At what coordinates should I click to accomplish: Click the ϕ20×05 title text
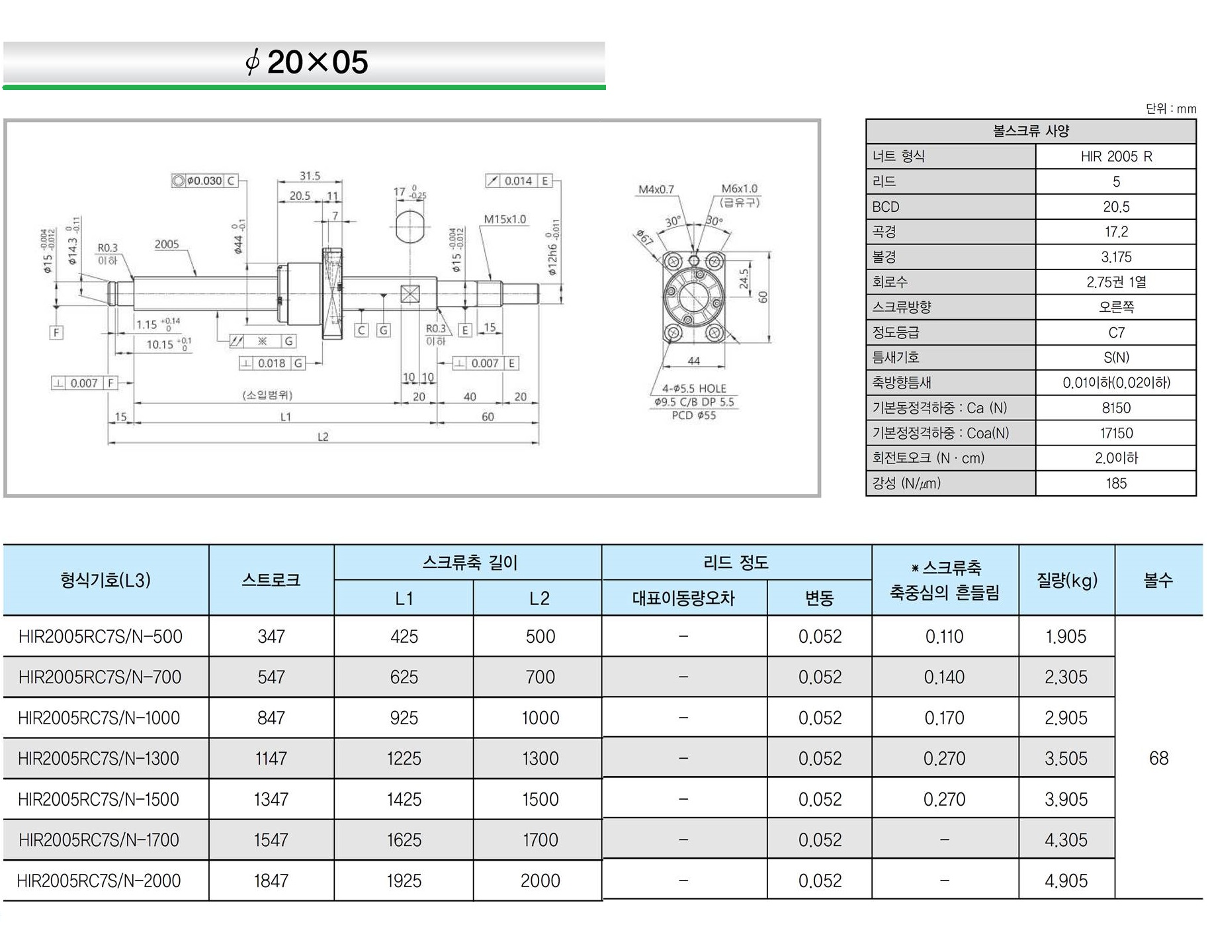point(306,62)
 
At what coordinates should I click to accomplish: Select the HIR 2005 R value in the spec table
point(1116,157)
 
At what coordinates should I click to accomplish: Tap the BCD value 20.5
point(1116,207)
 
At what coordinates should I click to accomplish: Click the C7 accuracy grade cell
point(1116,333)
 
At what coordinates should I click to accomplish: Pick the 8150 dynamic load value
point(1116,408)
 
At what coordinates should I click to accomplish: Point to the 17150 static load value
point(1116,433)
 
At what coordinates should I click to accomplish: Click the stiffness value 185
point(1116,483)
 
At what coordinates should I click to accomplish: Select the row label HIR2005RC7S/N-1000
point(99,718)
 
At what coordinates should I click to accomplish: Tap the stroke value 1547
point(271,840)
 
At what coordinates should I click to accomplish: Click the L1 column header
point(404,598)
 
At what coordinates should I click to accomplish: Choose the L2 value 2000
point(540,881)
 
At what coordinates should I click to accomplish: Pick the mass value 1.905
point(1066,637)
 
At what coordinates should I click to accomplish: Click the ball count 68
point(1158,759)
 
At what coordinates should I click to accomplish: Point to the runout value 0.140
point(944,677)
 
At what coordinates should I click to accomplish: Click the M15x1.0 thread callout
point(505,219)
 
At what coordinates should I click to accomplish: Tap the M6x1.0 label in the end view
point(739,189)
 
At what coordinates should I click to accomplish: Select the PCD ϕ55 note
point(693,416)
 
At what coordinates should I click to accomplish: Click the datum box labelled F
point(56,332)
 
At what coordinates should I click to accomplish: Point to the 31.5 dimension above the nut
point(310,176)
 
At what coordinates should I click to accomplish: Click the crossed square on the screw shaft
point(410,294)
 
